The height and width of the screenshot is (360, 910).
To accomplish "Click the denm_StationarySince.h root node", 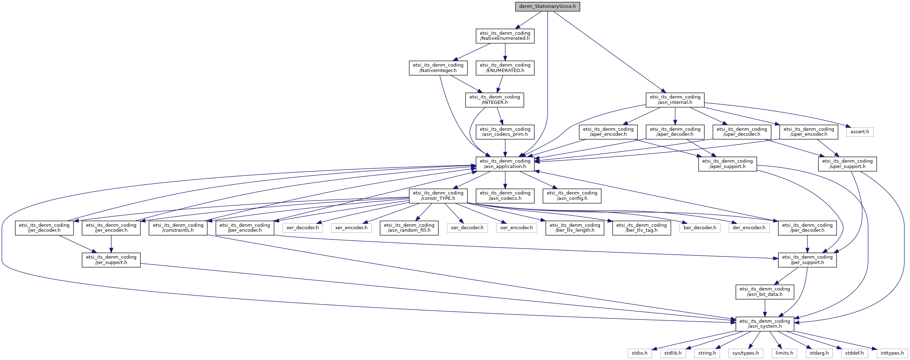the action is [547, 6].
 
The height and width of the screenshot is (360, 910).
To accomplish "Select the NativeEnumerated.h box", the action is [505, 36].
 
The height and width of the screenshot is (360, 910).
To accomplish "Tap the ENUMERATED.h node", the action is [505, 68].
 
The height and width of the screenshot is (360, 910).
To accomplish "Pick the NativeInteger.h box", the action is [438, 68].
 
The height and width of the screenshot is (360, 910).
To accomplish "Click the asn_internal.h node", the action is [675, 100].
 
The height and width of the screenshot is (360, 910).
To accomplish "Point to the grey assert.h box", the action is [860, 132].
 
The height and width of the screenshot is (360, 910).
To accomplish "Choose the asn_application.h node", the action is [505, 164].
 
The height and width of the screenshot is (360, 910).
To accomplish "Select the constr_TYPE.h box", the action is [438, 196].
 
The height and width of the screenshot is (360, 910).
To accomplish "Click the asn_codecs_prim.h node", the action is [505, 132].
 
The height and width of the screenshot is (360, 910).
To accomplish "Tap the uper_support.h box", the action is [847, 164].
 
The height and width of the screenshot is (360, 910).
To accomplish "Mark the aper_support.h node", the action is [727, 164].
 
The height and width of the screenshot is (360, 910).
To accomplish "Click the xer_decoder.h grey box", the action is [303, 228].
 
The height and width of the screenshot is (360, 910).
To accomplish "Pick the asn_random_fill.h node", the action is [409, 228].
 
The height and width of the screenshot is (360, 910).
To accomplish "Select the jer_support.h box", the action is [111, 260].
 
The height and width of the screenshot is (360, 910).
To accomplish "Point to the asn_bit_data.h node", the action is [765, 292].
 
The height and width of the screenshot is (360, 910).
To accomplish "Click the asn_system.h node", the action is [765, 324].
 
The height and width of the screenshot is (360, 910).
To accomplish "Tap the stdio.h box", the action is [640, 353].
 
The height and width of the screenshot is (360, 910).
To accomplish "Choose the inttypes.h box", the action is [892, 353].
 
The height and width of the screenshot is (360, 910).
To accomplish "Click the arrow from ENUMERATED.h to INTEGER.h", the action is [501, 84].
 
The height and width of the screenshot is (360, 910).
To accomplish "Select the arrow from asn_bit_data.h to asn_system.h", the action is [765, 308].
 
